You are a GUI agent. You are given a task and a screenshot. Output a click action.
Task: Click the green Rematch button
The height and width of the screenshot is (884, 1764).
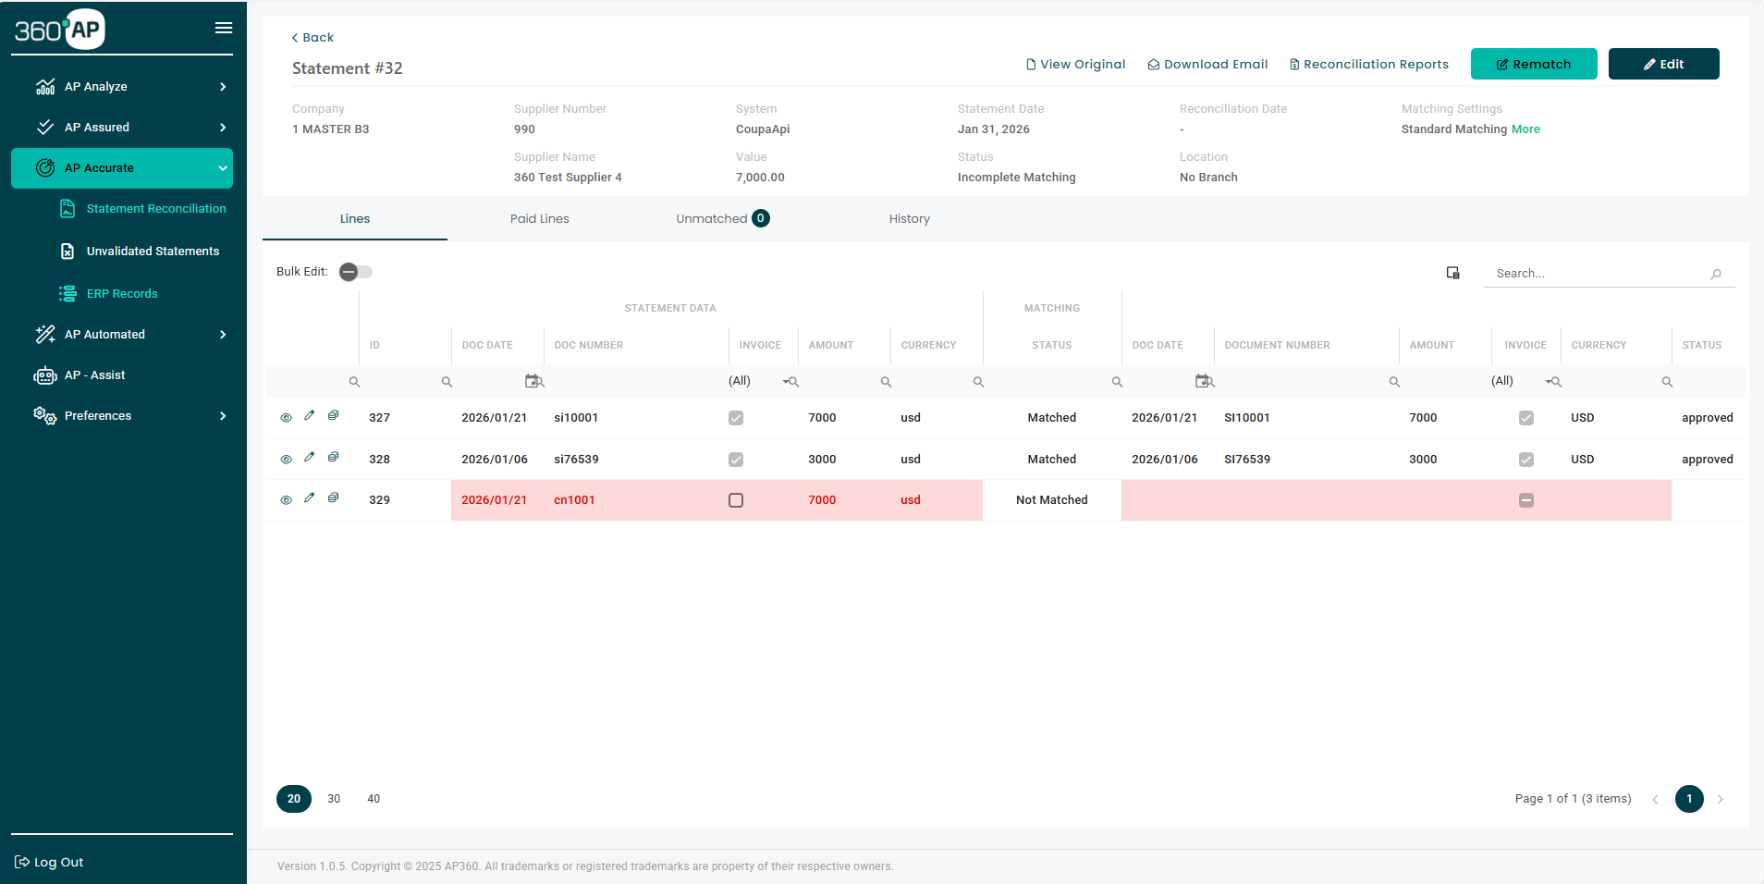click(x=1533, y=64)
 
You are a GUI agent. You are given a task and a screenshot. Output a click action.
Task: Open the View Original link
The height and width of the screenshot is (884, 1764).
click(x=1075, y=64)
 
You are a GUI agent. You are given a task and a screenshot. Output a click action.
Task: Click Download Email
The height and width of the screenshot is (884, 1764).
click(x=1207, y=64)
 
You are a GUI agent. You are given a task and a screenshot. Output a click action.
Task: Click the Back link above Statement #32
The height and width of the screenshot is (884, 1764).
click(x=312, y=37)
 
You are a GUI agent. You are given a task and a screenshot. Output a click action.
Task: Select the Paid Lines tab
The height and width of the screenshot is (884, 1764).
click(x=539, y=219)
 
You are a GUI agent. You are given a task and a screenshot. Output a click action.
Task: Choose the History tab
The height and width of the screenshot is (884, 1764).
click(x=909, y=219)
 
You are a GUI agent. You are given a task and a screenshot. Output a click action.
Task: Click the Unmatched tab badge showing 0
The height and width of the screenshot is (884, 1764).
click(x=760, y=218)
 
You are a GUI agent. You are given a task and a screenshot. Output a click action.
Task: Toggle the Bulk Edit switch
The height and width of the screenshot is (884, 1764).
click(x=355, y=272)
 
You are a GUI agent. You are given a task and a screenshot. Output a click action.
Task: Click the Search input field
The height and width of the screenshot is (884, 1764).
click(x=1599, y=274)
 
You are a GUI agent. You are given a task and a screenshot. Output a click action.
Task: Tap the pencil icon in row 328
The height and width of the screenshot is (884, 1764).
click(x=310, y=457)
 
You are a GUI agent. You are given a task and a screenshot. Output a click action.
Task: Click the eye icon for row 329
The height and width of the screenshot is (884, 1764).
click(x=286, y=500)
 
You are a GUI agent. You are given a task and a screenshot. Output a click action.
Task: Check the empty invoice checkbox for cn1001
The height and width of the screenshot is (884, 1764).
click(x=736, y=500)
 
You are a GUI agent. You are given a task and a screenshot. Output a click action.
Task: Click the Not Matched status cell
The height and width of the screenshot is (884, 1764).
click(x=1051, y=500)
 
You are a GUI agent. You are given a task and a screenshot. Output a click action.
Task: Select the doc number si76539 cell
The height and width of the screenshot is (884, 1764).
click(x=576, y=460)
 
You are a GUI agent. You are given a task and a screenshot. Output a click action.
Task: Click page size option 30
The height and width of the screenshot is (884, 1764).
click(x=334, y=799)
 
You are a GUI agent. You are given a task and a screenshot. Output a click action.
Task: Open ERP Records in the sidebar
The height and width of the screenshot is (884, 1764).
click(x=121, y=294)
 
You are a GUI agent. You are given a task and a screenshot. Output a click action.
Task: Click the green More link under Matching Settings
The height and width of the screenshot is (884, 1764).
click(x=1525, y=129)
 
